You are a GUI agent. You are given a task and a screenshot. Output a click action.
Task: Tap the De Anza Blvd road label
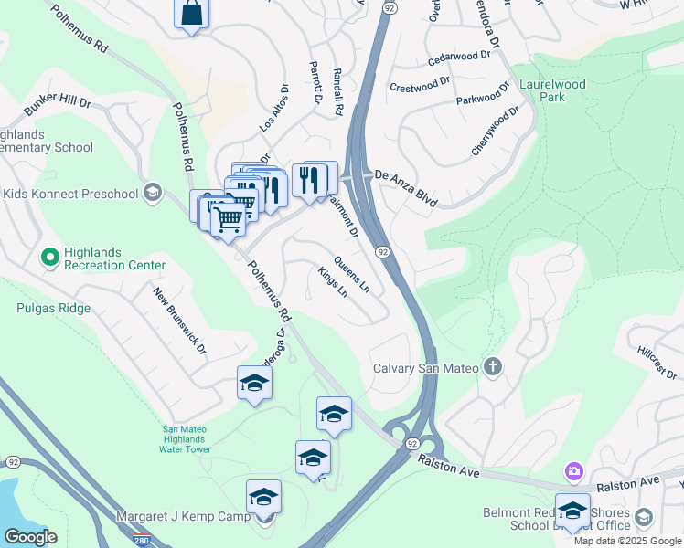click(x=406, y=186)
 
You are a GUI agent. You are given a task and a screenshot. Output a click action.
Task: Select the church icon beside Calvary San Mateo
click(x=493, y=368)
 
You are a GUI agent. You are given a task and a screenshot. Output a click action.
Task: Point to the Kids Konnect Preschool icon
click(x=152, y=193)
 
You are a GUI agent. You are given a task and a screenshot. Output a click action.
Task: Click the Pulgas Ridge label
click(x=53, y=308)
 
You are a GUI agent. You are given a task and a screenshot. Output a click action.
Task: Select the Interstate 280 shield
click(x=141, y=541)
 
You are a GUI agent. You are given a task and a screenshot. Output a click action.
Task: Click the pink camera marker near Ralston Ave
click(x=573, y=471)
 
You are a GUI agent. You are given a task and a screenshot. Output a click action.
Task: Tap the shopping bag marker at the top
click(x=192, y=14)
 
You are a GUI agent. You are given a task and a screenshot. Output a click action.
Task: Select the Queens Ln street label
click(x=352, y=274)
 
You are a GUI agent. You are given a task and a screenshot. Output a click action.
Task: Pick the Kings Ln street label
click(x=333, y=282)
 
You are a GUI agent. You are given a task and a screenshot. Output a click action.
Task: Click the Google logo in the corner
click(x=31, y=537)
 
